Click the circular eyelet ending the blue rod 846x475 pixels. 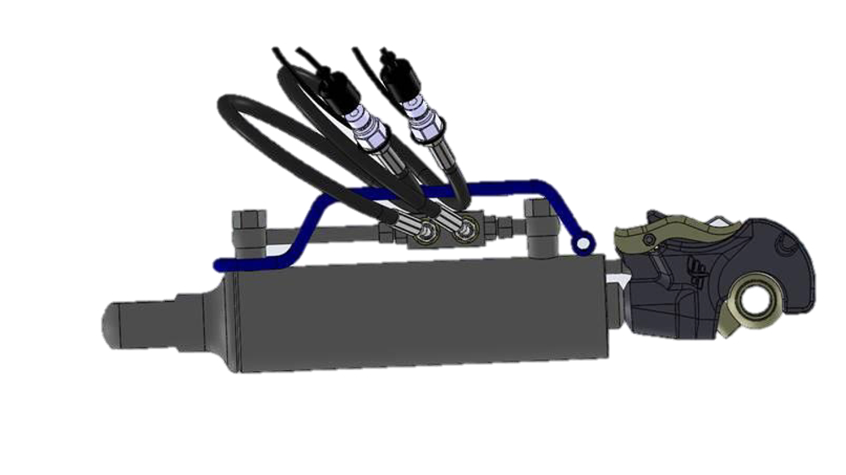pos(583,244)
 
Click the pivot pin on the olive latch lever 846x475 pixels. pos(648,240)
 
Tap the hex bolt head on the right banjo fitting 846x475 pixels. pos(466,227)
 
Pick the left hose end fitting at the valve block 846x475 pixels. pos(408,224)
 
